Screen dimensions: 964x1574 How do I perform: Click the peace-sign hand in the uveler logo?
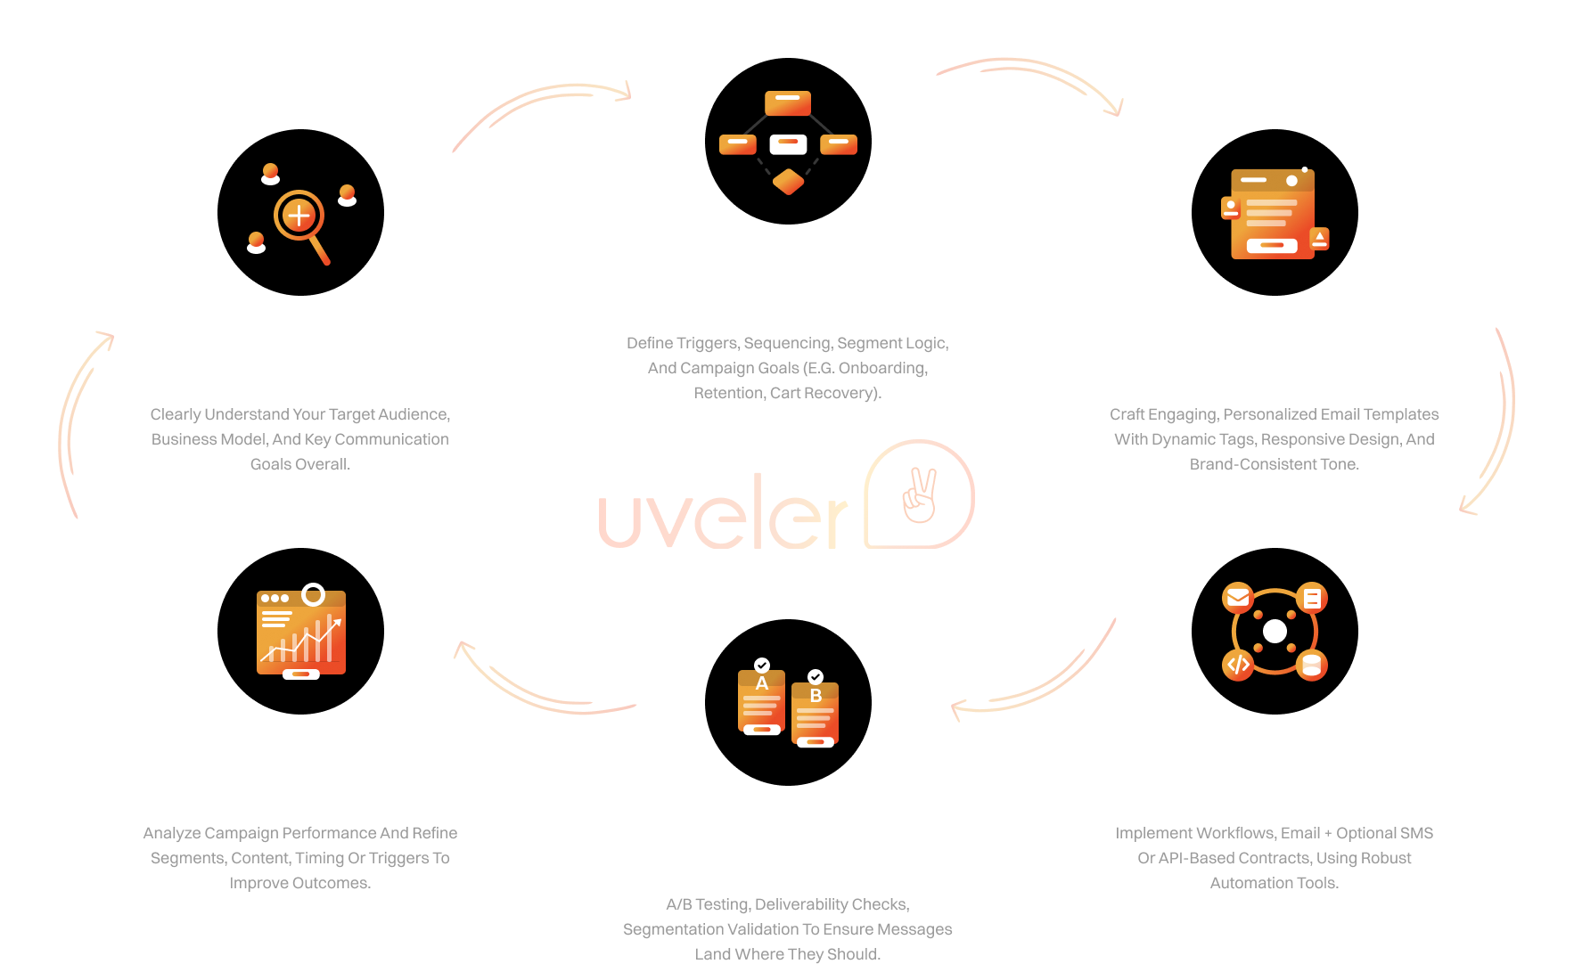point(920,495)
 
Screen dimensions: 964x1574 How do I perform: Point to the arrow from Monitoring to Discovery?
point(76,419)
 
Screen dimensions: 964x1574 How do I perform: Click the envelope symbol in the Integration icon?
point(1238,597)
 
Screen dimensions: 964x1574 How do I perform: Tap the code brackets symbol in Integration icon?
point(1238,665)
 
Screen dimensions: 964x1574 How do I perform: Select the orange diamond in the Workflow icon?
point(788,182)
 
